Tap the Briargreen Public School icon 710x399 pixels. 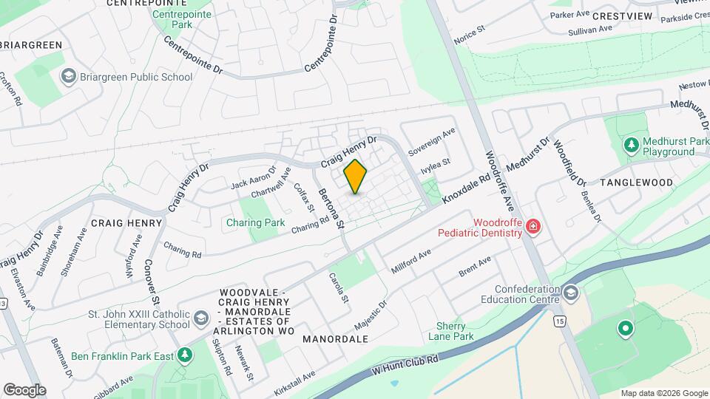69,76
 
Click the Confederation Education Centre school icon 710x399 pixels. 570,293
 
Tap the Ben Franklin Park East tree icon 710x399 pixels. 185,355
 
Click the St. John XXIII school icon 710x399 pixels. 201,318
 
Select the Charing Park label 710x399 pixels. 255,222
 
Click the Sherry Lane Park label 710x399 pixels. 450,331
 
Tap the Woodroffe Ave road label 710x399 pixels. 499,181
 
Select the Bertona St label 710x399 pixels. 331,208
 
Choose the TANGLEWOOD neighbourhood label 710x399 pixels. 636,183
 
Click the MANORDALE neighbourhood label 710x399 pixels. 335,339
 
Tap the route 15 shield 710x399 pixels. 559,321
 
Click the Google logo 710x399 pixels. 24,389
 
